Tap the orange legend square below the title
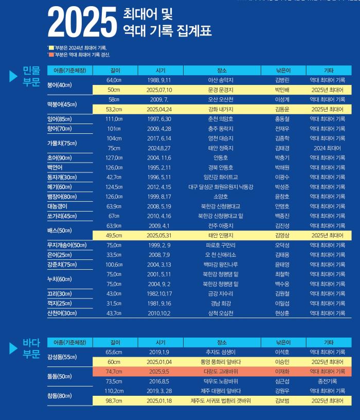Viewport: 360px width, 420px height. pos(50,54)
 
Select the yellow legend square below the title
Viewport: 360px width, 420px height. pos(50,47)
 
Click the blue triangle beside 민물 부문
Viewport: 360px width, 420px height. pos(14,76)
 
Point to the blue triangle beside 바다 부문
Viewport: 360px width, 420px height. pos(14,348)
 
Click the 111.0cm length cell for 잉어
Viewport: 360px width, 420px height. pos(114,119)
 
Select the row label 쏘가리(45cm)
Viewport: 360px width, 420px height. pos(62,216)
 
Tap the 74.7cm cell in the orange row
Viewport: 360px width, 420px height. pos(114,372)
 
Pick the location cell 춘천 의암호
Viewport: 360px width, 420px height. pos(222,119)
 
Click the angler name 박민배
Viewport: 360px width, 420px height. pos(282,90)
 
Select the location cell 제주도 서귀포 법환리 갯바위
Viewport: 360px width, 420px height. pos(222,401)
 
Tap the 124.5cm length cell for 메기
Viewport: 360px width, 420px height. pos(114,187)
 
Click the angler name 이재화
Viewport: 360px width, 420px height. pos(282,372)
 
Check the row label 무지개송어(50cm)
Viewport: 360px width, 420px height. pos(67,245)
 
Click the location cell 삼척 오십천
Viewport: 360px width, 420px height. pos(222,313)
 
